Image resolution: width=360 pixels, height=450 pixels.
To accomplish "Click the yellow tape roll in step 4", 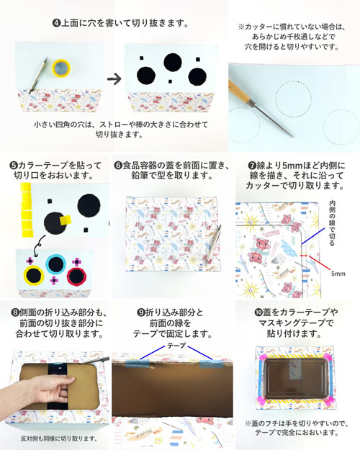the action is (61, 68).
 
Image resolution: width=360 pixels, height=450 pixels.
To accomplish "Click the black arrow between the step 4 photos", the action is (114, 79).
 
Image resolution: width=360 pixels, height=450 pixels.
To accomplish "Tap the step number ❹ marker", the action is (56, 23).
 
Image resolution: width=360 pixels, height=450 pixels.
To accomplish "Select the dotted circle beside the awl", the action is (293, 99).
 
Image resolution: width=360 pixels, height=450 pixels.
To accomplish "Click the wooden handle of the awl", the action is (239, 92).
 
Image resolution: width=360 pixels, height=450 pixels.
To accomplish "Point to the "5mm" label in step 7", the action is (338, 274).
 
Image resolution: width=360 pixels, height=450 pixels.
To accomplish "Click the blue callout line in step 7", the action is (313, 236).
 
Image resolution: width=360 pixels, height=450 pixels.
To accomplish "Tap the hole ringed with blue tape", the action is (55, 264).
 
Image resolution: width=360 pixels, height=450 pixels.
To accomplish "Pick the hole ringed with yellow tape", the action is (34, 275).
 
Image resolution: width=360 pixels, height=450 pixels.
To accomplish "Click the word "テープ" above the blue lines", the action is (176, 346).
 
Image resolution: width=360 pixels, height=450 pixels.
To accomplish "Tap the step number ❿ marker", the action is (258, 312).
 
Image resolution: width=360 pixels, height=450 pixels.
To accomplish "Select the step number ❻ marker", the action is (118, 166).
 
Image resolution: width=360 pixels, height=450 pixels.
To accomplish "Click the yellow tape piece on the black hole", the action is (66, 220).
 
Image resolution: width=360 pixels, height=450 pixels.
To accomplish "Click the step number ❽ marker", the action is (15, 312).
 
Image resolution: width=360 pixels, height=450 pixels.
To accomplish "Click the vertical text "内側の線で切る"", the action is (332, 223).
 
